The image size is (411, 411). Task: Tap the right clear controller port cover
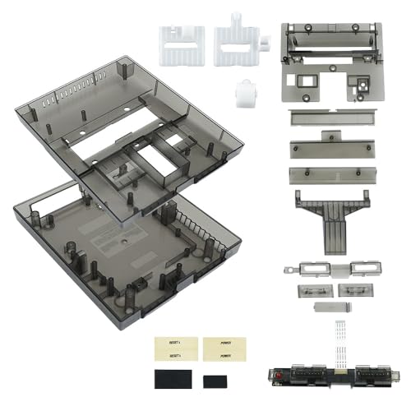point(355,290)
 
